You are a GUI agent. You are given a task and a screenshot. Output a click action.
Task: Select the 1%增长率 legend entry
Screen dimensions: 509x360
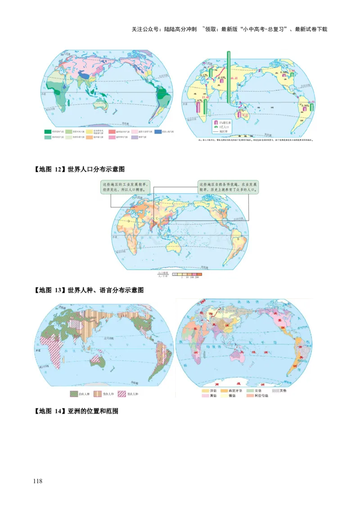point(221,122)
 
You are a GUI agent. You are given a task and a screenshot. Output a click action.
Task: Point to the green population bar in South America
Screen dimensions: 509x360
point(312,107)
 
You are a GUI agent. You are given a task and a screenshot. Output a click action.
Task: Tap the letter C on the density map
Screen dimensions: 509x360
point(157,219)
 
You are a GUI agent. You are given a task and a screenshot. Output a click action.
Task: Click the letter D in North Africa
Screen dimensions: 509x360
point(129,221)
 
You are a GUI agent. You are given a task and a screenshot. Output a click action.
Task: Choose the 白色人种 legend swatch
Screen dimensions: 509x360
point(75,394)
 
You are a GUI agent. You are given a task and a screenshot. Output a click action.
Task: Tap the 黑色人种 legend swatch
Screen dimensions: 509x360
point(121,394)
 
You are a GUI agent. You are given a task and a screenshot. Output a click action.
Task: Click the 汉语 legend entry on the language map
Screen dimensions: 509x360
point(207,391)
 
